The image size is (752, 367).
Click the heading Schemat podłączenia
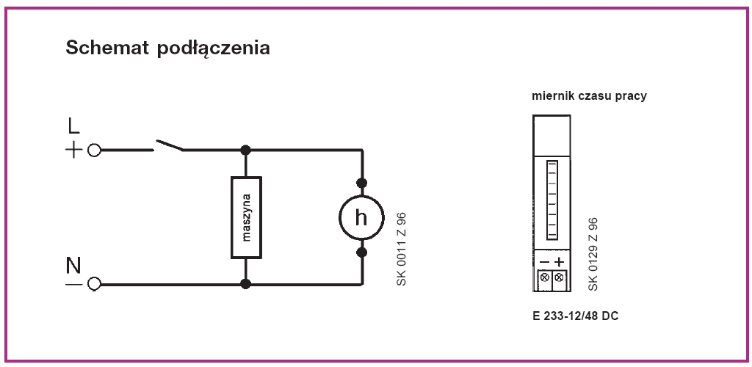point(168,49)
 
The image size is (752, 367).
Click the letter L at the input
point(73,126)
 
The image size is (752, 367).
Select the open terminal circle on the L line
point(94,150)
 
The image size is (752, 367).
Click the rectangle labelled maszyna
point(246,217)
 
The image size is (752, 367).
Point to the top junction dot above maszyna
point(246,150)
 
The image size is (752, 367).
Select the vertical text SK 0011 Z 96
point(400,250)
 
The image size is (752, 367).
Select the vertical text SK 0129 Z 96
point(593,254)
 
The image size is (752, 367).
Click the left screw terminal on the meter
point(544,277)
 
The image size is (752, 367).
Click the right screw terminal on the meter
point(560,277)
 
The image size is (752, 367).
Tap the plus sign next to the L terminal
point(73,150)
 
